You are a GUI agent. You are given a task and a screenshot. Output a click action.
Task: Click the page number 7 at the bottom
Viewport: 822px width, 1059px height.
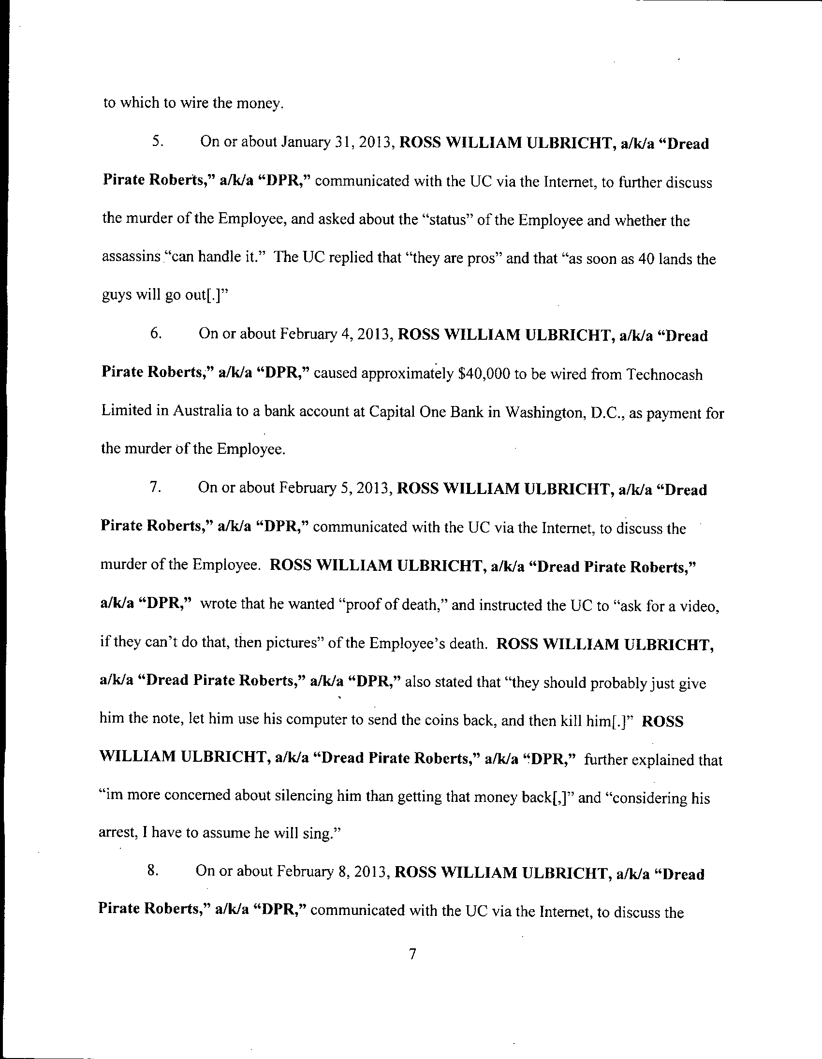[412, 954]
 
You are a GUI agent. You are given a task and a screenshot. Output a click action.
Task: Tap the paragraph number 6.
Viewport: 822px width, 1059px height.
[156, 334]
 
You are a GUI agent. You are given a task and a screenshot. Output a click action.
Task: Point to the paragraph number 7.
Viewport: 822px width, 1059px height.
[155, 487]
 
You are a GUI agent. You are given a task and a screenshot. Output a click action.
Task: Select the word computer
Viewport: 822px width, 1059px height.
[305, 720]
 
